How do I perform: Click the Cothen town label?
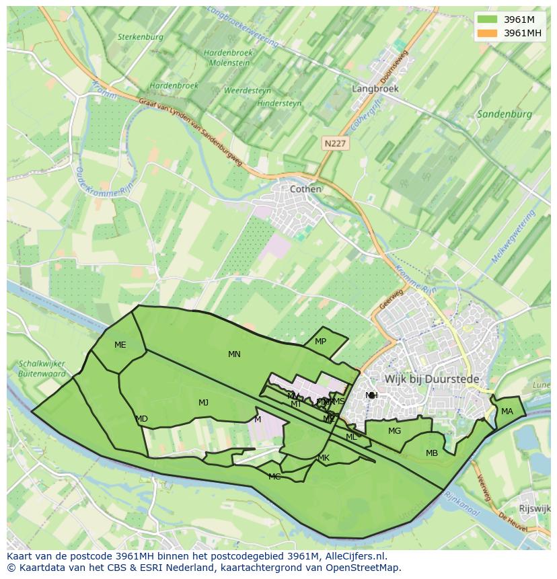click(305, 189)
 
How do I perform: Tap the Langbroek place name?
click(375, 88)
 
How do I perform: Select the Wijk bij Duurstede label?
click(432, 379)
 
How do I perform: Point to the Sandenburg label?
click(504, 114)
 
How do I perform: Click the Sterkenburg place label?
click(141, 37)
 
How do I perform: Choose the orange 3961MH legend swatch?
click(488, 33)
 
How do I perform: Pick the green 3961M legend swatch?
click(488, 20)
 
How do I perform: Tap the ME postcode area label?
click(120, 345)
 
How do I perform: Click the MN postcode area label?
click(234, 354)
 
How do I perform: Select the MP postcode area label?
click(320, 342)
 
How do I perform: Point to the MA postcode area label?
click(507, 412)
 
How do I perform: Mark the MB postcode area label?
click(432, 453)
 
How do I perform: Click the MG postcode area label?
click(394, 431)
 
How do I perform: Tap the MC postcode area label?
click(274, 477)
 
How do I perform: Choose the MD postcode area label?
click(141, 419)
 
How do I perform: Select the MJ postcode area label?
click(203, 403)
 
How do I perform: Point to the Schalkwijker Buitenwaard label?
click(42, 369)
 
